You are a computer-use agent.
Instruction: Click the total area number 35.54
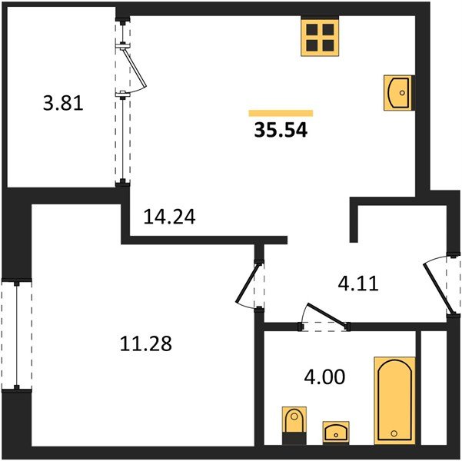pyautogui.click(x=281, y=130)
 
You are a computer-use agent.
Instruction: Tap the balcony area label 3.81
pyautogui.click(x=63, y=104)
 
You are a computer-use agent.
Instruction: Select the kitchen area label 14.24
pyautogui.click(x=169, y=217)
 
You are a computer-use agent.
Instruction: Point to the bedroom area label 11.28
pyautogui.click(x=146, y=343)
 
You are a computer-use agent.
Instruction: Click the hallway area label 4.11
pyautogui.click(x=358, y=284)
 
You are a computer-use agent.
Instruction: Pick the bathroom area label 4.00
pyautogui.click(x=324, y=376)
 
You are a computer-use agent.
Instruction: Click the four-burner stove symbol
pyautogui.click(x=320, y=37)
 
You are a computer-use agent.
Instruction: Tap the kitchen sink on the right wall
pyautogui.click(x=397, y=93)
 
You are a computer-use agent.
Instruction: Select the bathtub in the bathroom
pyautogui.click(x=394, y=400)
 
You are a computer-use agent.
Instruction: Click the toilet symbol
pyautogui.click(x=294, y=426)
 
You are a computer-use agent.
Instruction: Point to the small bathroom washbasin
pyautogui.click(x=336, y=432)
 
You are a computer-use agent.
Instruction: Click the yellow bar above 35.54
pyautogui.click(x=281, y=113)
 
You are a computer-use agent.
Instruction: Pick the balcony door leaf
pyautogui.click(x=135, y=68)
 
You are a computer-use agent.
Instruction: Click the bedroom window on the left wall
pyautogui.click(x=17, y=335)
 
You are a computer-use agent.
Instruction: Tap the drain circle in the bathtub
pyautogui.click(x=394, y=433)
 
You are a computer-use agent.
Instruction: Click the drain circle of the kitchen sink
pyautogui.click(x=402, y=93)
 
